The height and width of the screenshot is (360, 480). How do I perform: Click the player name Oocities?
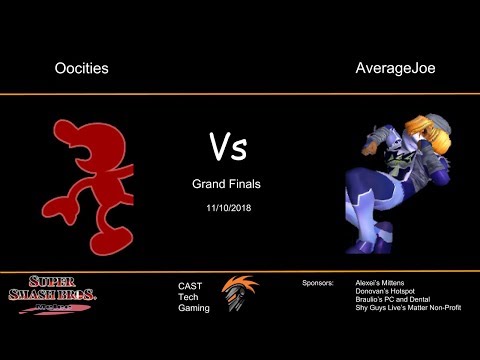pyautogui.click(x=81, y=69)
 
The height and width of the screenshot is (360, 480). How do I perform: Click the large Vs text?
pyautogui.click(x=228, y=147)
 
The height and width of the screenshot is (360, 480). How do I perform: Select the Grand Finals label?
pyautogui.click(x=228, y=184)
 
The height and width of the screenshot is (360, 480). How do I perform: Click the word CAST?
pyautogui.click(x=190, y=286)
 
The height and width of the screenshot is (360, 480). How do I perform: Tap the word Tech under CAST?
pyautogui.click(x=188, y=297)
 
